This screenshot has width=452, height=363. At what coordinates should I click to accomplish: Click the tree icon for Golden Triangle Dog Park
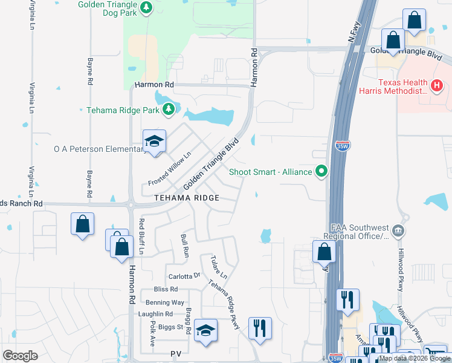pyautogui.click(x=146, y=7)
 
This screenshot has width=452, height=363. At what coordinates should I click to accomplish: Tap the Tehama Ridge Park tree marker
pyautogui.click(x=169, y=110)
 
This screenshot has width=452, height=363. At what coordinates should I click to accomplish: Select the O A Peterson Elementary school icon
pyautogui.click(x=154, y=142)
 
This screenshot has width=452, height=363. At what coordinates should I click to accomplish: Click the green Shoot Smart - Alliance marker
pyautogui.click(x=321, y=172)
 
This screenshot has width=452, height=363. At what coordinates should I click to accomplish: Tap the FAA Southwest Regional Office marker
pyautogui.click(x=398, y=230)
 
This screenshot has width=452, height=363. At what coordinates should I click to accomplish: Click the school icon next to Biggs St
pyautogui.click(x=205, y=330)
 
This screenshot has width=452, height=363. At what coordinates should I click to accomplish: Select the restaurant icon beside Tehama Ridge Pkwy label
pyautogui.click(x=260, y=328)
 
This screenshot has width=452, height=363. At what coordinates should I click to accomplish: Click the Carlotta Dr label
pyautogui.click(x=184, y=276)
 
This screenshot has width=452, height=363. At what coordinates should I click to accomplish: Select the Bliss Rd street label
pyautogui.click(x=166, y=290)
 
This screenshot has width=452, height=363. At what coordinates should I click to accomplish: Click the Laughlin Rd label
pyautogui.click(x=155, y=314)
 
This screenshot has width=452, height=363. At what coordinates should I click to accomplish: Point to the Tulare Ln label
pyautogui.click(x=219, y=267)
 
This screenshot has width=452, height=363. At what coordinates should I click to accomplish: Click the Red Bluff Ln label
pyautogui.click(x=143, y=237)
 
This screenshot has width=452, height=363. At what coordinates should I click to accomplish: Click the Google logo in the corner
pyautogui.click(x=20, y=355)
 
